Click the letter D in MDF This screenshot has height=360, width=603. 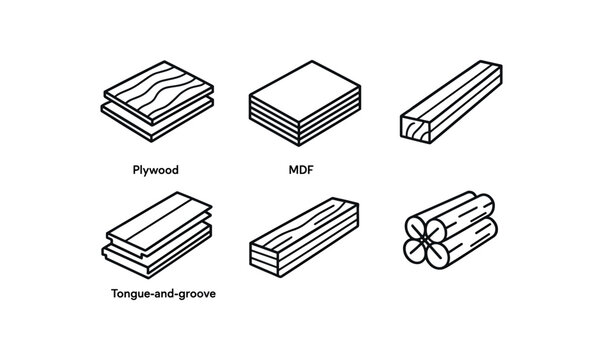click(299, 170)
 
